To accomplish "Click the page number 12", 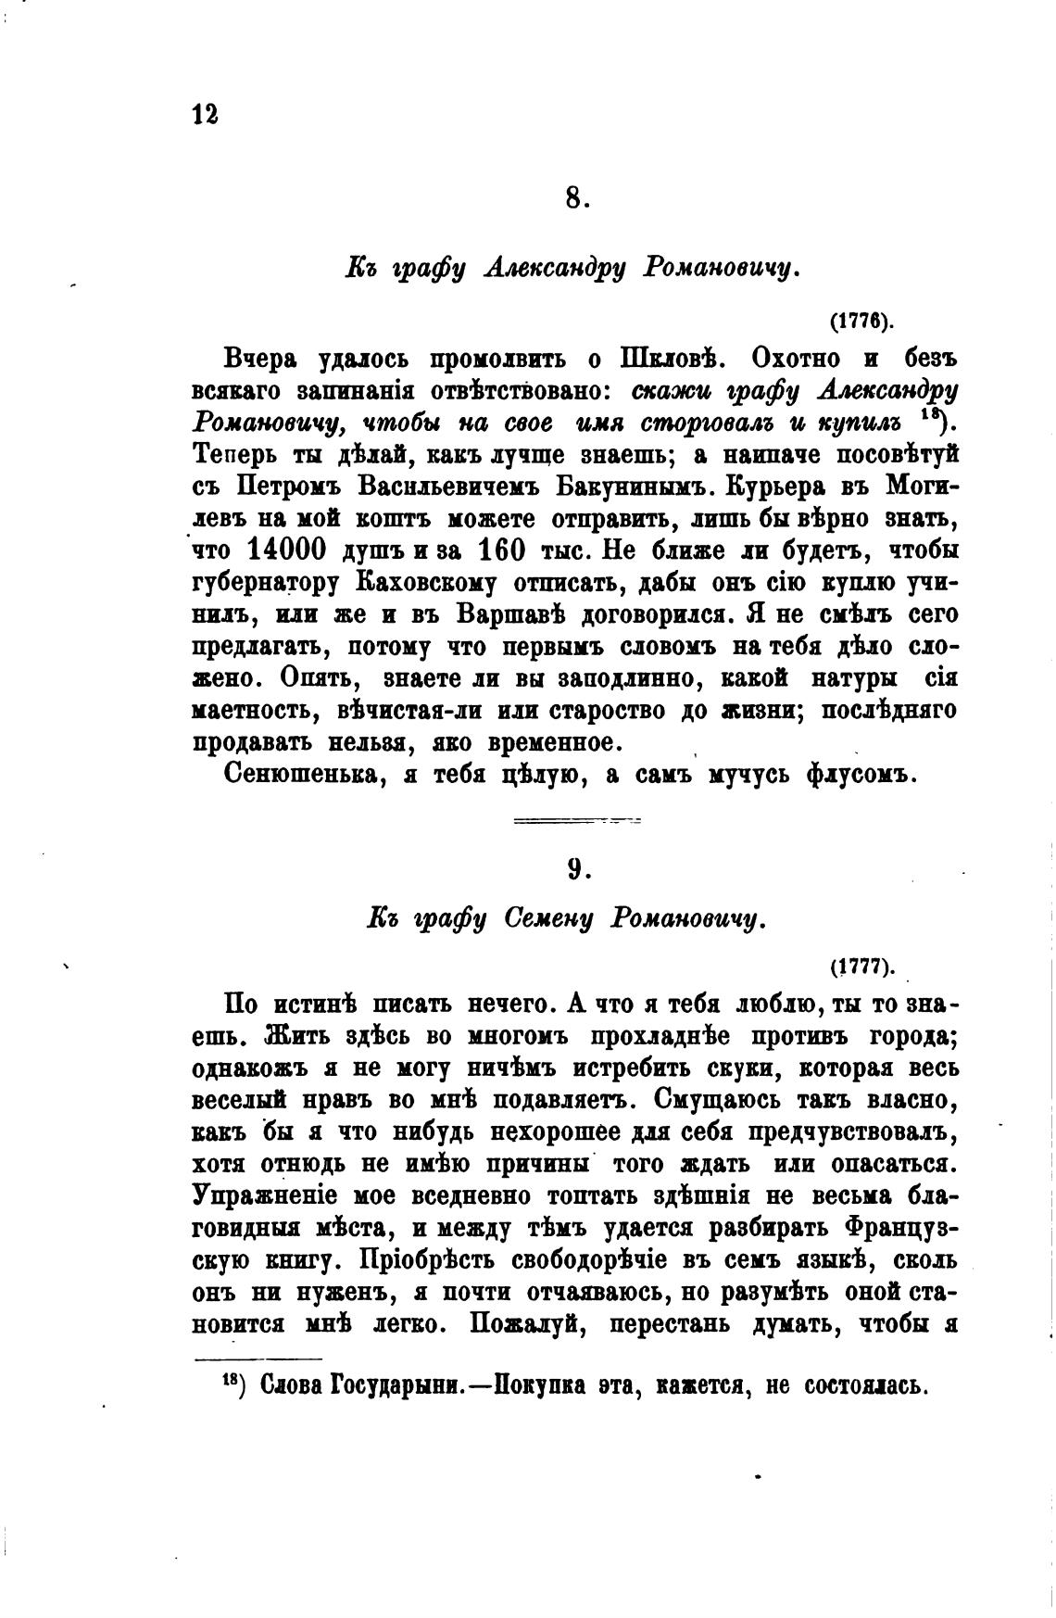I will click(x=205, y=114).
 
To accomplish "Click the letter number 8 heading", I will click(x=574, y=198).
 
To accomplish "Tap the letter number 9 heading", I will click(x=575, y=868).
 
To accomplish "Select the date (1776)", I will click(x=861, y=322).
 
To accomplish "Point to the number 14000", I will click(x=287, y=550).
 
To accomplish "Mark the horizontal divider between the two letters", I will click(x=576, y=820).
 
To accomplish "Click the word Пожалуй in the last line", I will click(x=524, y=1325).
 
